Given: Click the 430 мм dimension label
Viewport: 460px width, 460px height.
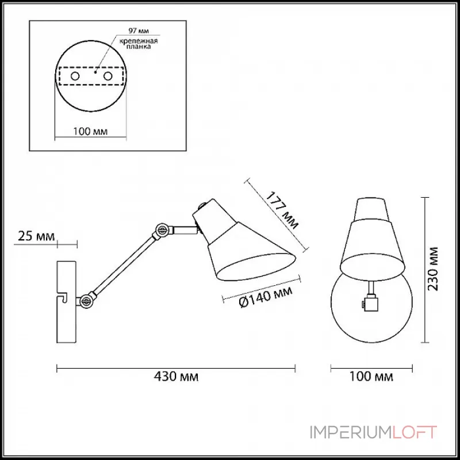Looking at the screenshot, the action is pyautogui.click(x=176, y=376).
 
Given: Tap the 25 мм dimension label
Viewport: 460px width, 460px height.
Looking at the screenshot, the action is pyautogui.click(x=36, y=236).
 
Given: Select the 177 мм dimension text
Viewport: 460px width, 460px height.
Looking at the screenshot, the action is pyautogui.click(x=282, y=210).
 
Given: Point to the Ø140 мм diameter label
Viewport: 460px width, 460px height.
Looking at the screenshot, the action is pyautogui.click(x=266, y=297).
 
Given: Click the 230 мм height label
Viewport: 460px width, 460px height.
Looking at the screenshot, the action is pyautogui.click(x=432, y=269).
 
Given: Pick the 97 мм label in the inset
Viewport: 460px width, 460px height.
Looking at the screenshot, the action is pyautogui.click(x=139, y=30).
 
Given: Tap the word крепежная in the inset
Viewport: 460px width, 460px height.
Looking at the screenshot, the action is pyautogui.click(x=139, y=41).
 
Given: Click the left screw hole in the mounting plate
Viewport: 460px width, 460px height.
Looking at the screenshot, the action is pyautogui.click(x=75, y=76).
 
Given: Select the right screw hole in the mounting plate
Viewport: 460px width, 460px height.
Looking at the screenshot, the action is pyautogui.click(x=108, y=76).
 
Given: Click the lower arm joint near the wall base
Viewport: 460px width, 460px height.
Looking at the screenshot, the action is pyautogui.click(x=86, y=301).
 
